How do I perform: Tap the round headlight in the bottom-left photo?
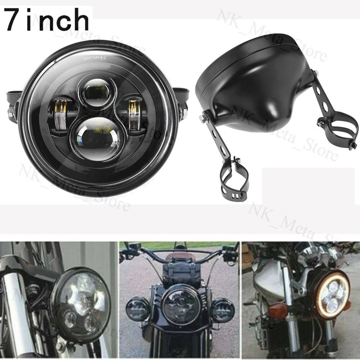[x=80, y=304]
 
